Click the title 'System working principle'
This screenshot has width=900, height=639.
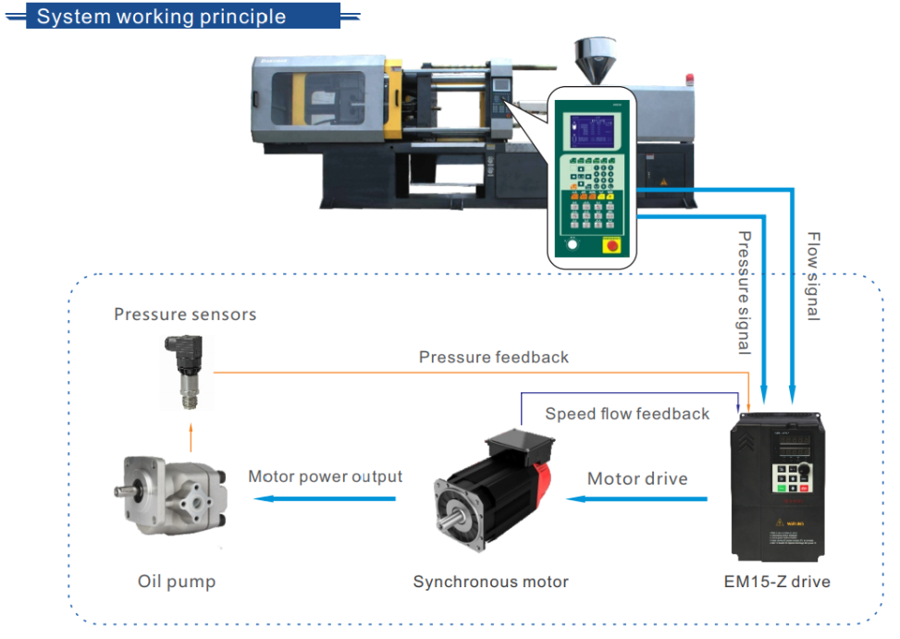tap(161, 17)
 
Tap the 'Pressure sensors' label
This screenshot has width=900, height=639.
tap(185, 314)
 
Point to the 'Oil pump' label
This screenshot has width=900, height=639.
tap(177, 582)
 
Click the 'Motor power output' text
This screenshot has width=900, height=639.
tap(325, 476)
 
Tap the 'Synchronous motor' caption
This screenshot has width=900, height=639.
tap(490, 582)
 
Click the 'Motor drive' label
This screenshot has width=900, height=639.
tap(637, 478)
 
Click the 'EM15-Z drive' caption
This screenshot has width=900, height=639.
tap(777, 582)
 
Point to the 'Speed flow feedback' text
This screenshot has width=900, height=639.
tap(627, 413)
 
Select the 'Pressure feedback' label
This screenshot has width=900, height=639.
tap(494, 357)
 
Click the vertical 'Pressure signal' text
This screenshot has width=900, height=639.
tap(743, 292)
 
